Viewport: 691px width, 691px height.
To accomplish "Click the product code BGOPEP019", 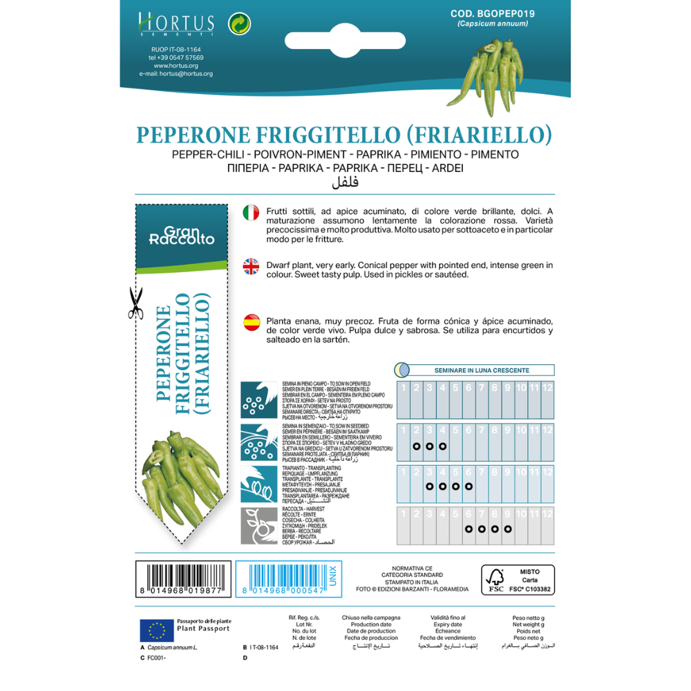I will click(x=493, y=13).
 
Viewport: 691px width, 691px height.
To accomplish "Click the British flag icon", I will click(x=251, y=267).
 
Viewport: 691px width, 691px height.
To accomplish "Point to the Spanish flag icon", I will click(x=251, y=323).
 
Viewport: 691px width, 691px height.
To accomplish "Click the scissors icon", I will click(x=135, y=303).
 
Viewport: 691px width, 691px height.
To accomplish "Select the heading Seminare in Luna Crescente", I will click(x=482, y=370).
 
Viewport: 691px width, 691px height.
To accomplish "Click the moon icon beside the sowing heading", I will click(x=402, y=370).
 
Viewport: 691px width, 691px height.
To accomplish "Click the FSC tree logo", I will click(x=495, y=580).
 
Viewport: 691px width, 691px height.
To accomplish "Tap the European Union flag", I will click(x=157, y=630).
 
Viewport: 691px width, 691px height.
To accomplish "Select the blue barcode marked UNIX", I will click(x=290, y=579).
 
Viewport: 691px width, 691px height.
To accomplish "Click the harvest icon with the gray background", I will click(x=259, y=526).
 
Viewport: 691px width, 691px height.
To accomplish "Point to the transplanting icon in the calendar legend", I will click(x=259, y=484).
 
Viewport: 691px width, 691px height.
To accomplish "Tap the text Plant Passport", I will click(x=203, y=630).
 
